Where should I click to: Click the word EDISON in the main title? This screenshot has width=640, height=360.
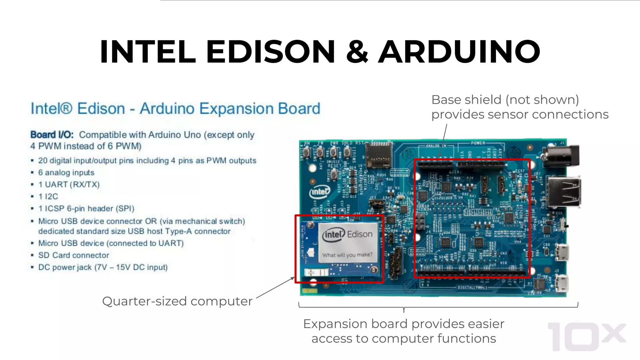coord(271,52)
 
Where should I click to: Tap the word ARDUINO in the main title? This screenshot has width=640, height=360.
coord(459,52)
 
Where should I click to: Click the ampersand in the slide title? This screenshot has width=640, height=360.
coord(357,52)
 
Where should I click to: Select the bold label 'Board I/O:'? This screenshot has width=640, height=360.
coord(52,135)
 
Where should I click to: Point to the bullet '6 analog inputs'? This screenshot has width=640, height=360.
coord(66,172)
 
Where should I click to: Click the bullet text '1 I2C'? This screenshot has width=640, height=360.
coord(48,197)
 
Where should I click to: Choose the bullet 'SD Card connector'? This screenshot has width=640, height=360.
coord(74,255)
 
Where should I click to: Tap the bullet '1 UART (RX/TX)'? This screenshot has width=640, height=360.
coord(69,184)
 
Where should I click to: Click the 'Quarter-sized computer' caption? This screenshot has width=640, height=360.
coord(177,301)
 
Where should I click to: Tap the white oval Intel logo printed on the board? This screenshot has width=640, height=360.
coord(319,192)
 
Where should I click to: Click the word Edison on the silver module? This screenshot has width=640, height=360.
coord(360,234)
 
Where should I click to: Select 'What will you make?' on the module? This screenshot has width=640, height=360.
coord(347,255)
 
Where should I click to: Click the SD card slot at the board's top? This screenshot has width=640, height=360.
coord(379,155)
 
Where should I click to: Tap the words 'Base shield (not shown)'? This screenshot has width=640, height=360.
coord(505,100)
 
